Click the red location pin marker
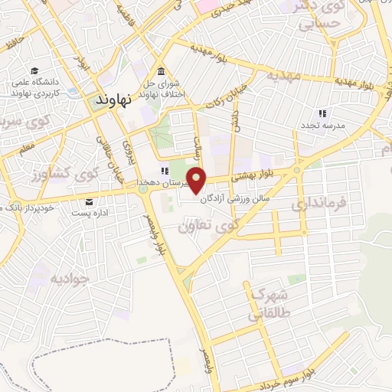(x=197, y=181)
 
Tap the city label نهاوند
(x=115, y=98)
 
